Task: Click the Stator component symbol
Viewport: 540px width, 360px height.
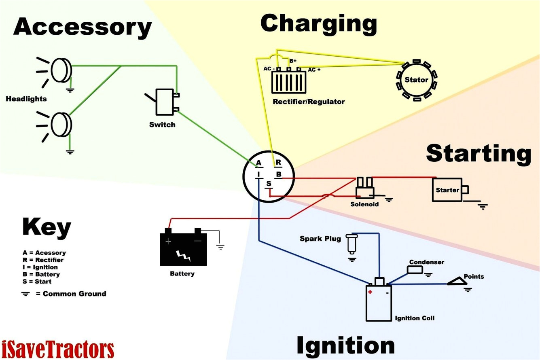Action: tap(416, 80)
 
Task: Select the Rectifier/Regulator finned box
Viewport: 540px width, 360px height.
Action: tap(288, 82)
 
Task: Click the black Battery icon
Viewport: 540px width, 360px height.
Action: tap(183, 248)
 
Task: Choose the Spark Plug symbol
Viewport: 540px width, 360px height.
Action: tap(352, 244)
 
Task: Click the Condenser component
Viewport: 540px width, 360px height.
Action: tap(415, 270)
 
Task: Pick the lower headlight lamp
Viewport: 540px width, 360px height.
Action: tap(62, 124)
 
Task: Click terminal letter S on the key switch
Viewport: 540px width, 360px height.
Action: tap(269, 184)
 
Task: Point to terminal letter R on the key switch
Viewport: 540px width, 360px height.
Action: tap(278, 163)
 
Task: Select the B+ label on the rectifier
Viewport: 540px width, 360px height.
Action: tap(293, 61)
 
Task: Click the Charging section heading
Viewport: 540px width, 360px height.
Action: tap(319, 23)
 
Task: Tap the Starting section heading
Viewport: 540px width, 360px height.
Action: tap(479, 154)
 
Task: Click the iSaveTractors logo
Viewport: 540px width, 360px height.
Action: tap(57, 349)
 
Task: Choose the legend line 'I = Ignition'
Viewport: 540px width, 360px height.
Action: tap(40, 267)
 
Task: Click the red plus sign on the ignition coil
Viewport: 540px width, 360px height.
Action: tap(370, 292)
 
